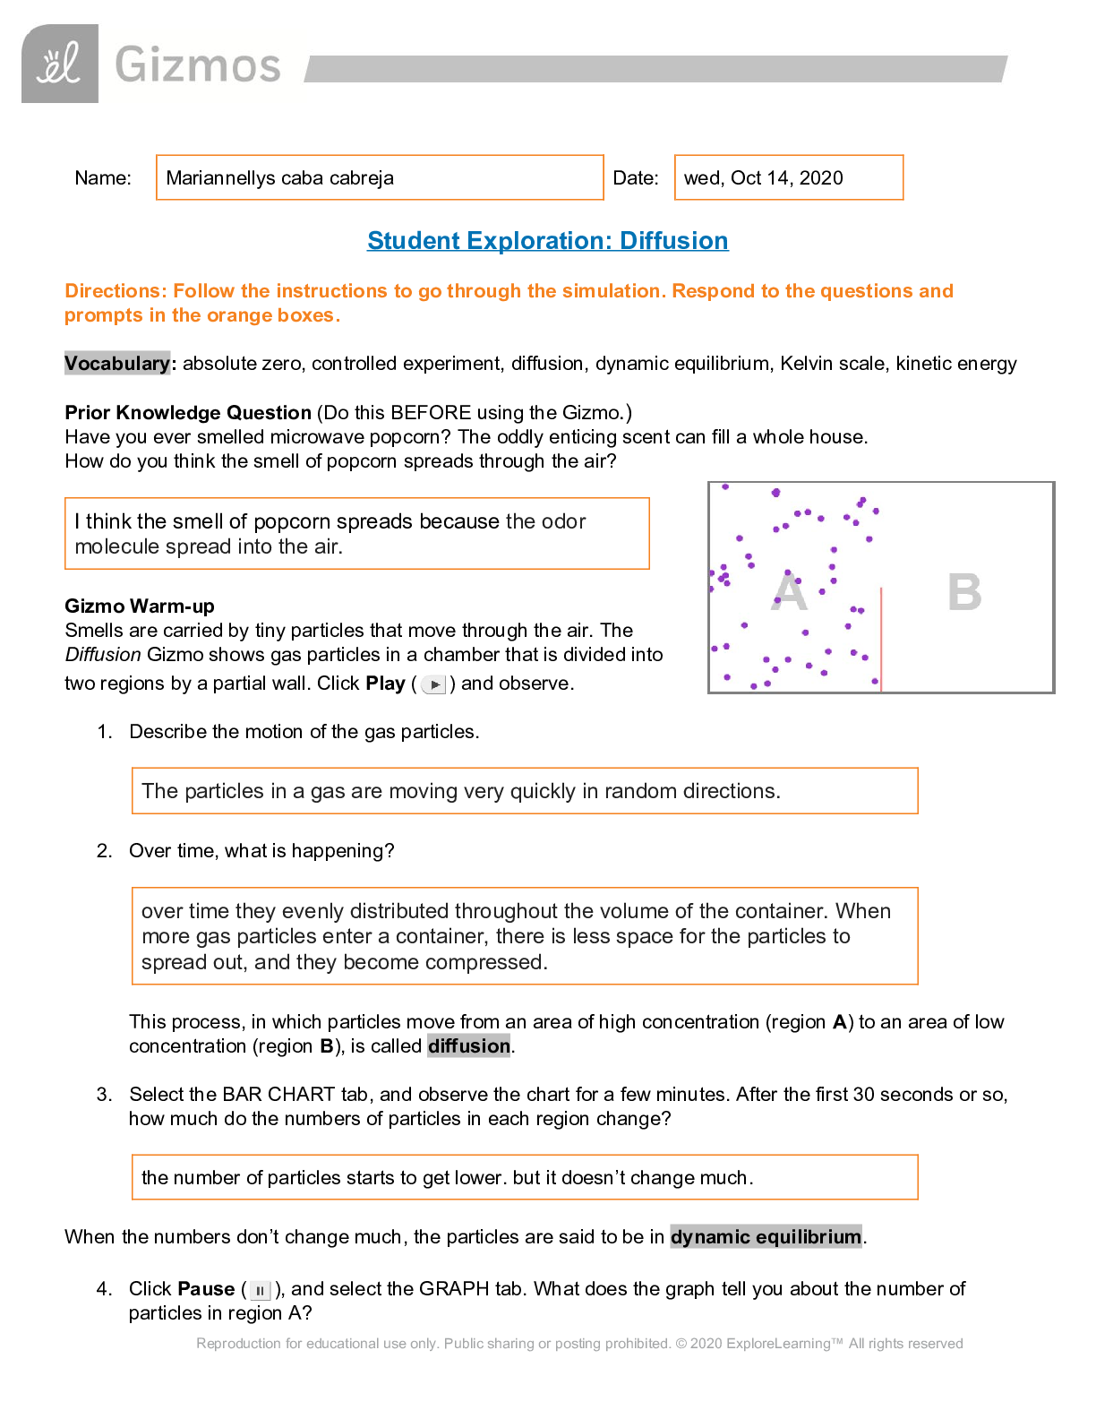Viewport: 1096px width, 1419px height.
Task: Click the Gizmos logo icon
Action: point(60,64)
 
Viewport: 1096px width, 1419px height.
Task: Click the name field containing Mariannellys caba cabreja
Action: point(380,177)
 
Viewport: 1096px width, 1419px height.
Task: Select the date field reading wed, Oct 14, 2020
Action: point(788,177)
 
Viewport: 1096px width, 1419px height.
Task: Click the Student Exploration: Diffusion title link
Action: point(547,241)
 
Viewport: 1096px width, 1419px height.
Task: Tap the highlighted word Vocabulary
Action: point(116,363)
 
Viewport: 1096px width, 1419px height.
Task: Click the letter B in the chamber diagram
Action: point(964,592)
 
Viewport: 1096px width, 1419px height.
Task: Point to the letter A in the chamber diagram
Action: point(789,592)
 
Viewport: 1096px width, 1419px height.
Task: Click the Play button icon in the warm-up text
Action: point(434,684)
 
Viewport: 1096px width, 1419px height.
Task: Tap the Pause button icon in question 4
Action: point(260,1290)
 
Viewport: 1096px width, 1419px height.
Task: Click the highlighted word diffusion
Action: point(468,1045)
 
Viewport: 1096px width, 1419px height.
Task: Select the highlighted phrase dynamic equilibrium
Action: point(766,1236)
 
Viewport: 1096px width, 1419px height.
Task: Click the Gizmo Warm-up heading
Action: point(140,606)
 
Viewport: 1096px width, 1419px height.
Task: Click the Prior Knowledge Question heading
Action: point(188,412)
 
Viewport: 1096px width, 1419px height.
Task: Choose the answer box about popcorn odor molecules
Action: point(356,534)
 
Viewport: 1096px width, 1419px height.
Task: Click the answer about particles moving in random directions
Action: point(525,791)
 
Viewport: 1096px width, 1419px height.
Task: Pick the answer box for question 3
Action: point(525,1177)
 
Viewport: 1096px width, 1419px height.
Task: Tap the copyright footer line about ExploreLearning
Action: point(579,1343)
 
